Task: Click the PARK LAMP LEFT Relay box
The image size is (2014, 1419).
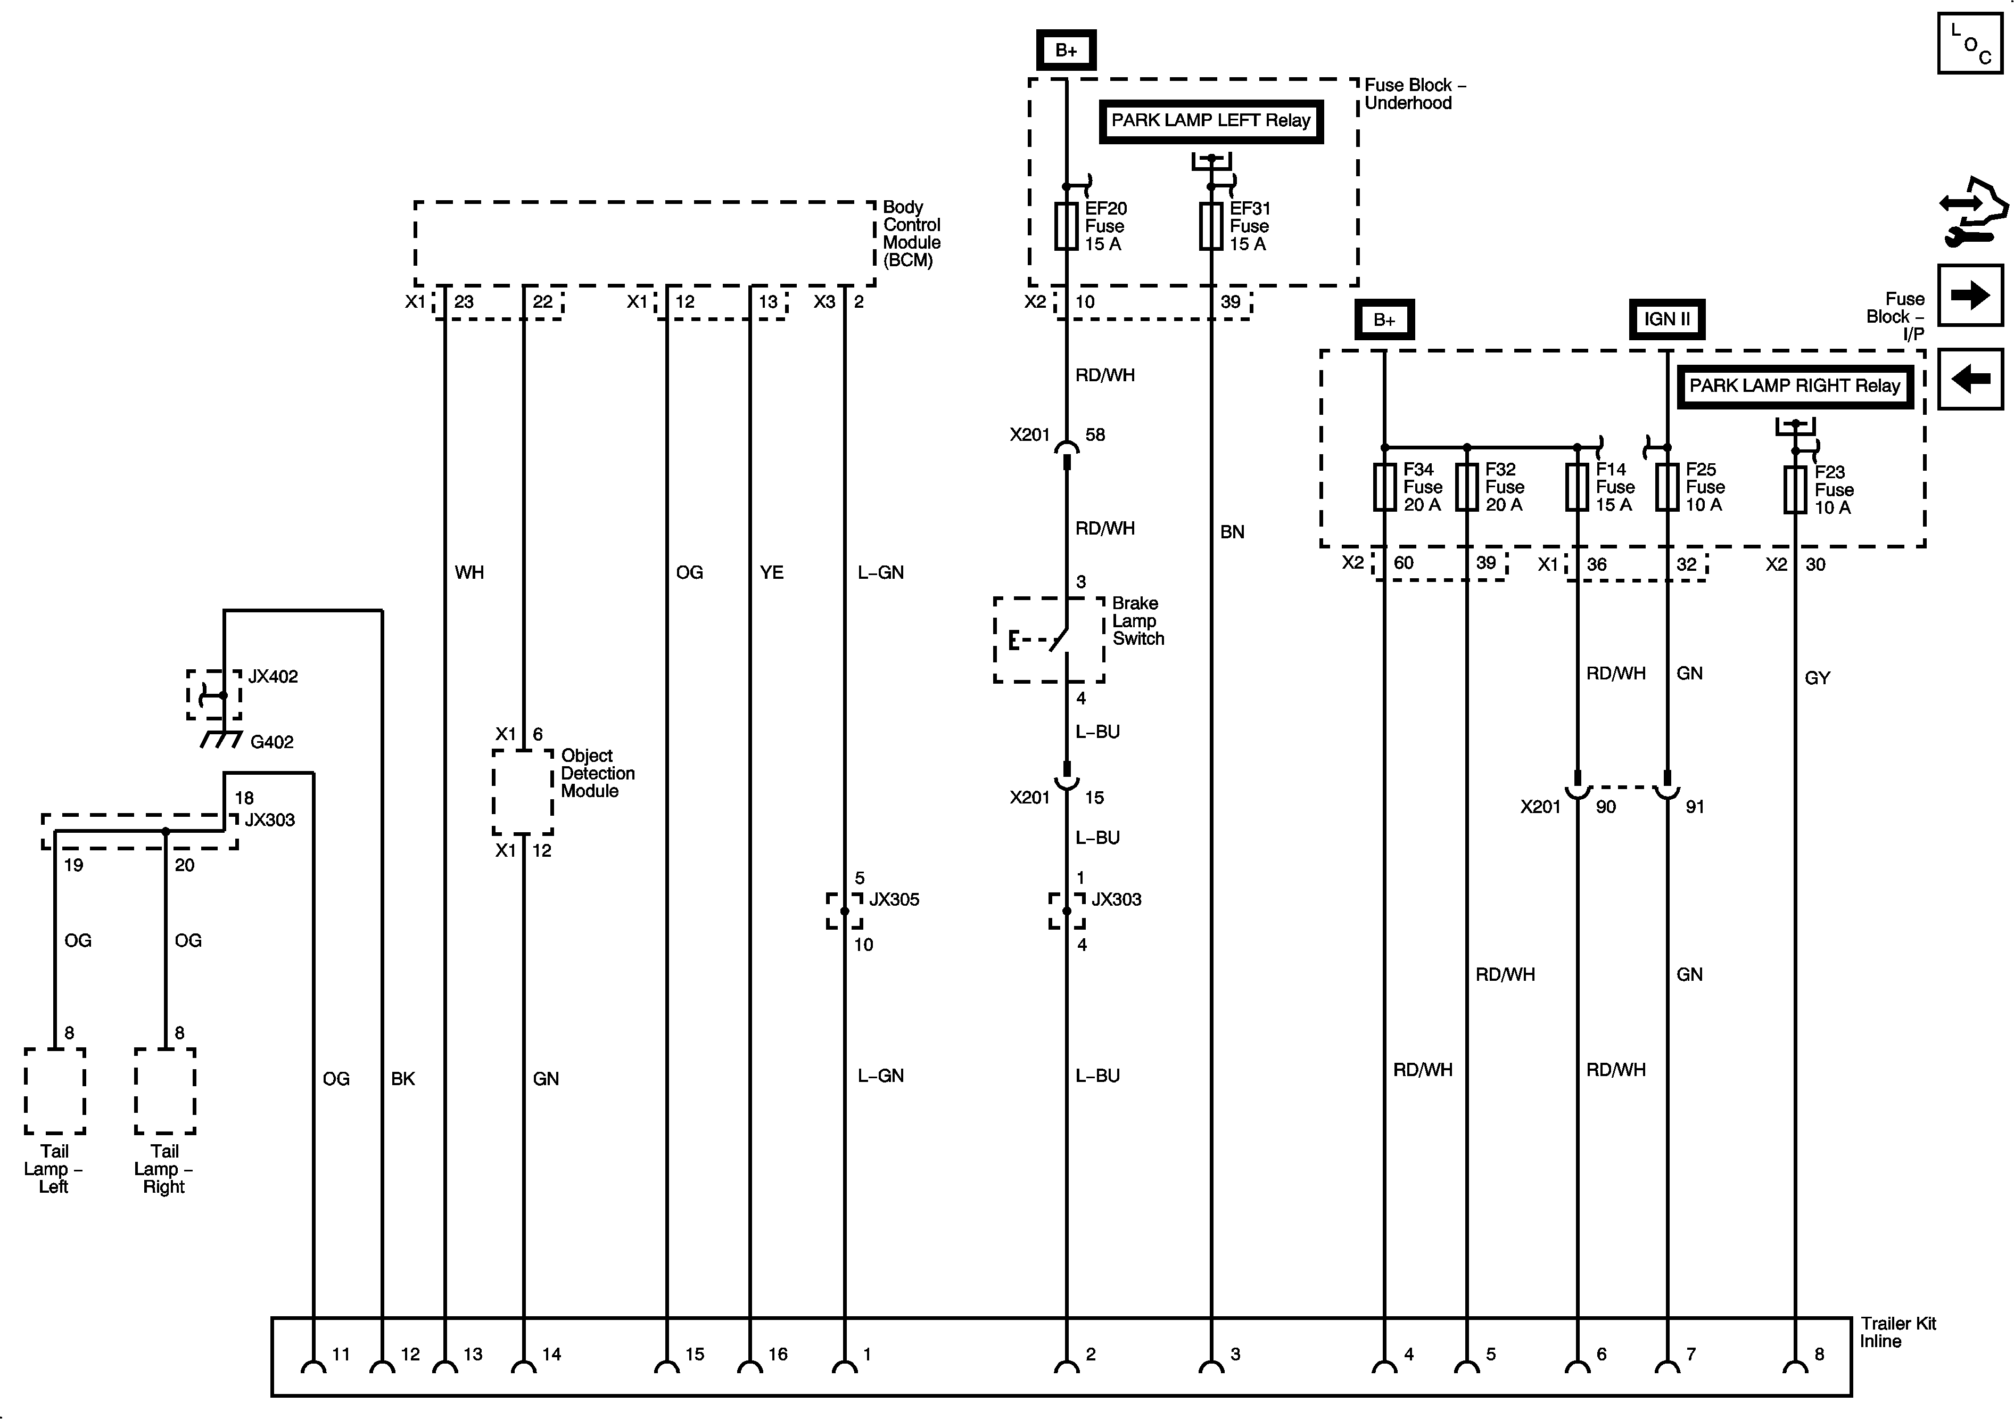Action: click(x=1210, y=121)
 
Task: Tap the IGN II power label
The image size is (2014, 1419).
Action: click(x=1666, y=319)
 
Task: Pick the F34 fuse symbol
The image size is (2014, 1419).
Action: click(x=1384, y=487)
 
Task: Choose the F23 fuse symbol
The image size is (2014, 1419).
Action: click(x=1795, y=490)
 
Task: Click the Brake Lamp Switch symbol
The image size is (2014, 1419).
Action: click(x=1049, y=639)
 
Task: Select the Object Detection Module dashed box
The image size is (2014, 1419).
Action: click(x=523, y=792)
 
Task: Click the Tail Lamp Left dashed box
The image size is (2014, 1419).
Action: click(x=54, y=1091)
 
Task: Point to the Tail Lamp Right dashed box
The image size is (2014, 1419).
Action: click(x=165, y=1091)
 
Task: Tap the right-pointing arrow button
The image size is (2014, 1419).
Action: click(x=1970, y=295)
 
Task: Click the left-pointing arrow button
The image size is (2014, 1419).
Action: click(x=1970, y=379)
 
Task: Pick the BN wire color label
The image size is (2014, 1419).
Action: click(x=1232, y=532)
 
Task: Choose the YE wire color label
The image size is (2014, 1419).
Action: click(x=771, y=573)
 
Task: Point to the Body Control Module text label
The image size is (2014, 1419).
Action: click(x=911, y=233)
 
